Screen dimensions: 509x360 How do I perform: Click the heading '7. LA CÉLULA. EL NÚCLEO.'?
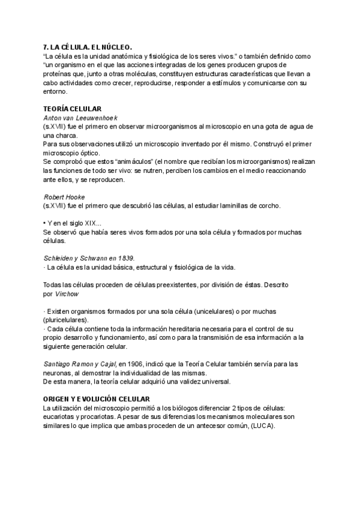pyautogui.click(x=88, y=47)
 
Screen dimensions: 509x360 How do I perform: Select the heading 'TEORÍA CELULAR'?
pyautogui.click(x=73, y=109)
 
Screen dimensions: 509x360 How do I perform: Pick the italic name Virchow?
pyautogui.click(x=67, y=295)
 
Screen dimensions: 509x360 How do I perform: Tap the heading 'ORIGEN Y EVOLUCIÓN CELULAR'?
pyautogui.click(x=97, y=399)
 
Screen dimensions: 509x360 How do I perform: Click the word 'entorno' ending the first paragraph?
pyautogui.click(x=56, y=92)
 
